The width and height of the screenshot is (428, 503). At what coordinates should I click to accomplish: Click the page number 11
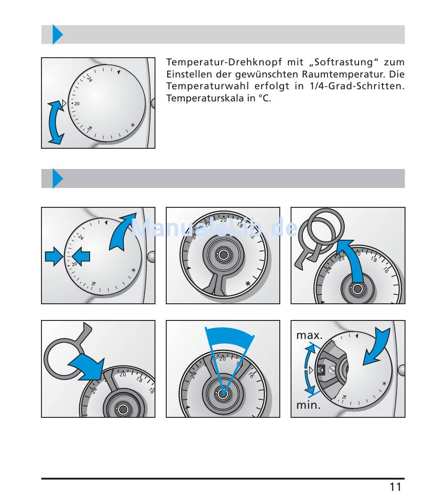click(x=395, y=487)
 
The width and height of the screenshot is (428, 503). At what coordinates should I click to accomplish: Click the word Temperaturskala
click(x=204, y=98)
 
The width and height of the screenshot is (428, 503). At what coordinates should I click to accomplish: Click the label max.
click(x=309, y=336)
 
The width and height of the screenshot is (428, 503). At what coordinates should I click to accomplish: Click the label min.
click(x=308, y=405)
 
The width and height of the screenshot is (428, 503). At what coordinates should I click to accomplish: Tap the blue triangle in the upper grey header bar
click(x=57, y=35)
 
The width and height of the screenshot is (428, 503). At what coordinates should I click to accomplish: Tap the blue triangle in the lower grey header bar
click(x=57, y=178)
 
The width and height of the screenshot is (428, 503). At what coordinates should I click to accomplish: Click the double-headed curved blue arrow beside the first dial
click(x=56, y=123)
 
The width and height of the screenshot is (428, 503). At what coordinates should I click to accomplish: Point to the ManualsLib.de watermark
click(x=214, y=229)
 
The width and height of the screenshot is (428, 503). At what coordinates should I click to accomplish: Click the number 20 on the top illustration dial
click(x=77, y=104)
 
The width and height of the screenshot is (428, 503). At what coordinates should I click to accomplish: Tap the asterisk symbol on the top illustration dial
click(x=132, y=125)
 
